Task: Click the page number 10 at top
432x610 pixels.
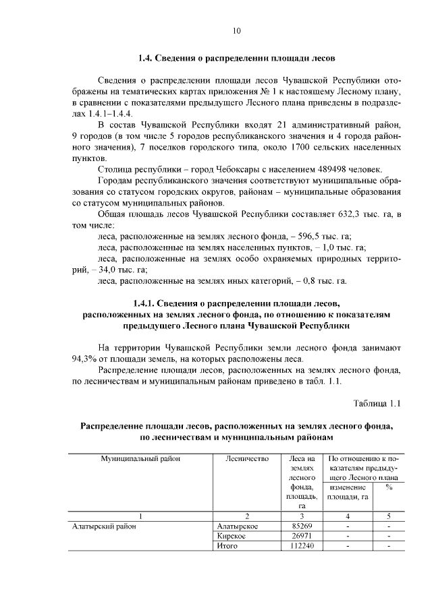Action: pyautogui.click(x=236, y=30)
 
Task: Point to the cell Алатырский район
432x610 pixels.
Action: pyautogui.click(x=104, y=526)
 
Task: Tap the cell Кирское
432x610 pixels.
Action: pyautogui.click(x=231, y=537)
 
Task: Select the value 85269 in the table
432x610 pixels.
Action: pyautogui.click(x=302, y=526)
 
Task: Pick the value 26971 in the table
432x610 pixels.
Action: pyautogui.click(x=302, y=537)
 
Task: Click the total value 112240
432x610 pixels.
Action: pyautogui.click(x=302, y=547)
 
